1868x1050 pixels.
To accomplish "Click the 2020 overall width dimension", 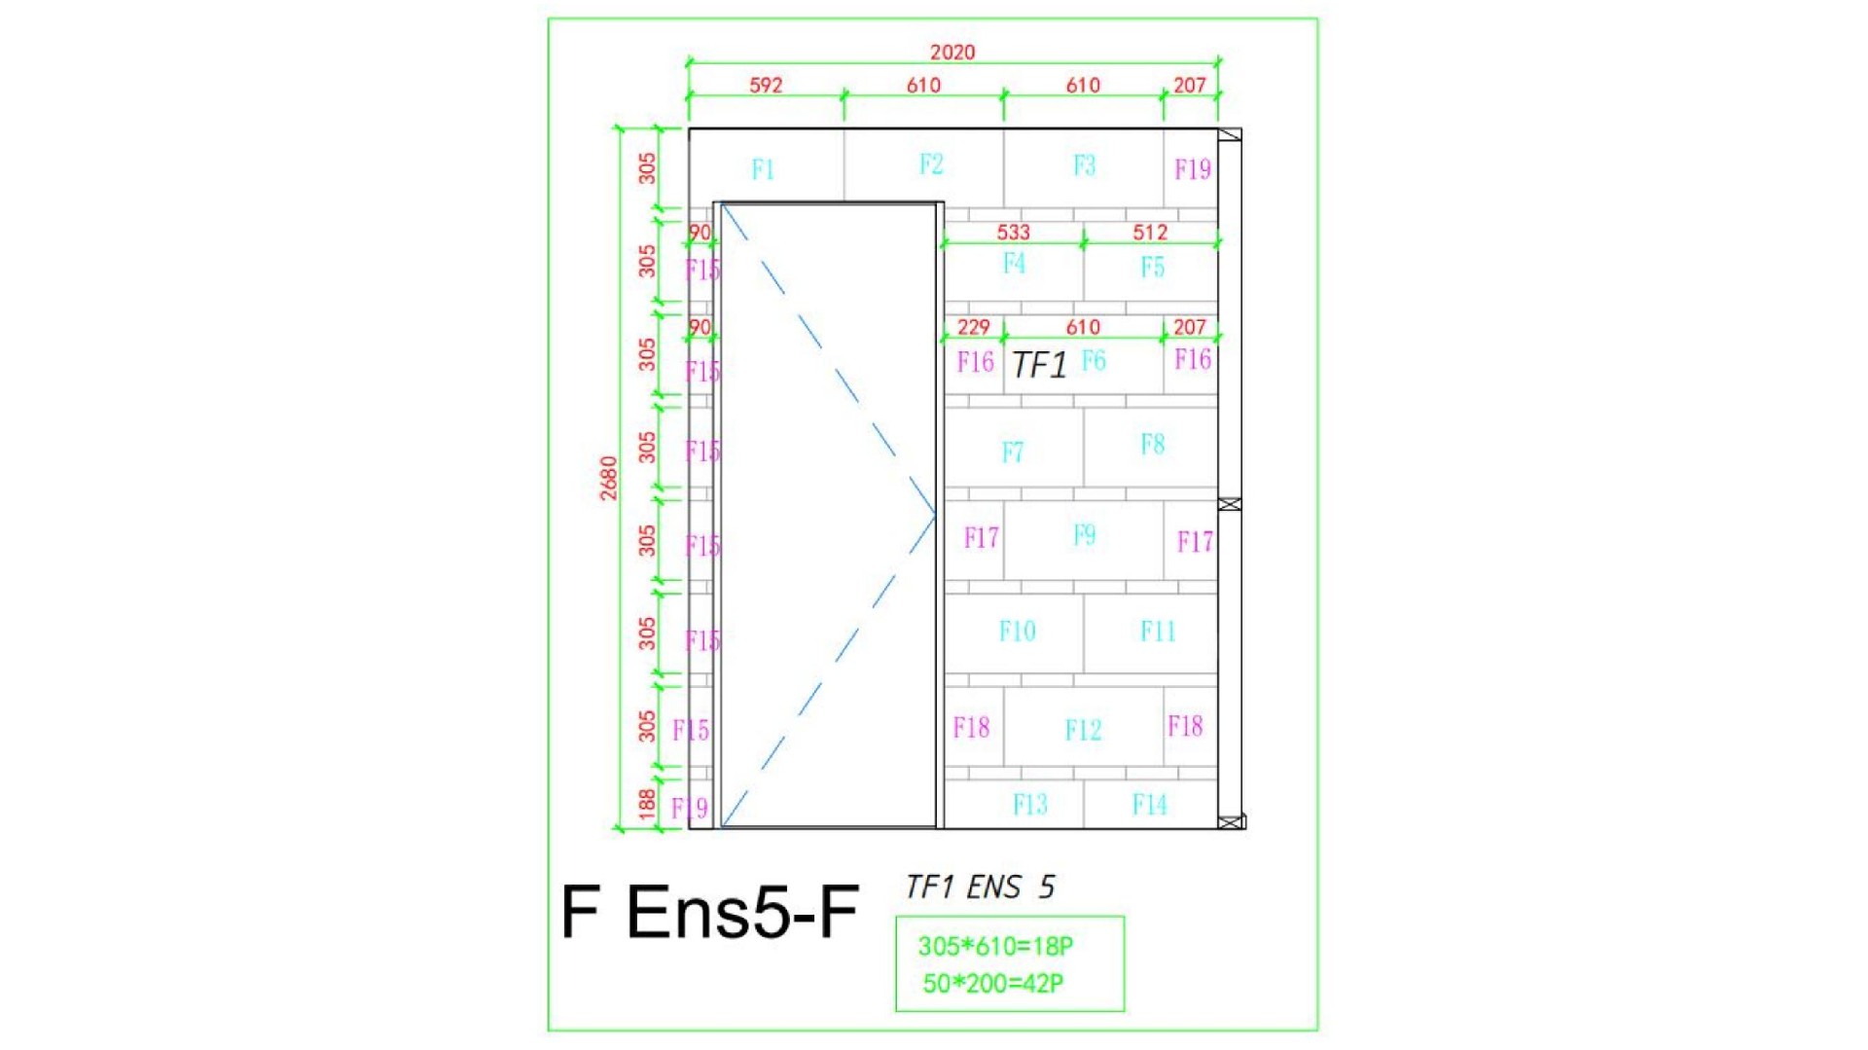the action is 952,52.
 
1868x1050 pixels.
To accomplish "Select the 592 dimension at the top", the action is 766,85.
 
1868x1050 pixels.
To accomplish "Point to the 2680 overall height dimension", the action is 609,478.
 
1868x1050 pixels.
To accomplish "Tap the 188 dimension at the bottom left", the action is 647,804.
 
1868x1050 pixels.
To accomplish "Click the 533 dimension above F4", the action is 1013,232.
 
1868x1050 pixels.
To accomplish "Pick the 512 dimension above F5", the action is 1150,232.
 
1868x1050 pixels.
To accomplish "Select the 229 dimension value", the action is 973,327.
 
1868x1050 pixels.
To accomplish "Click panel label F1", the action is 763,169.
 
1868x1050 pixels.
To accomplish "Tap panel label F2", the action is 931,163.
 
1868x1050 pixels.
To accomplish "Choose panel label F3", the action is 1084,165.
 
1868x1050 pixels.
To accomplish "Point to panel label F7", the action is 1013,452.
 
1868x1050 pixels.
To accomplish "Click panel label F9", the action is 1084,534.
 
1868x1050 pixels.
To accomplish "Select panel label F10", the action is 1018,631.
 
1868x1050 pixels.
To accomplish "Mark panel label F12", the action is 1083,730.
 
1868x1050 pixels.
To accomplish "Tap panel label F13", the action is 1030,804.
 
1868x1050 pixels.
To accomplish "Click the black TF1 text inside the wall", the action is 1039,365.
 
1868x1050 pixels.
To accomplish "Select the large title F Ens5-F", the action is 709,912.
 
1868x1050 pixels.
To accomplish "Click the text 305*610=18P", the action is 995,946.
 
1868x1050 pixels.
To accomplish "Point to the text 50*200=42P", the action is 993,984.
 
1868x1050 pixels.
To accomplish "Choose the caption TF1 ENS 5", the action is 980,887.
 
